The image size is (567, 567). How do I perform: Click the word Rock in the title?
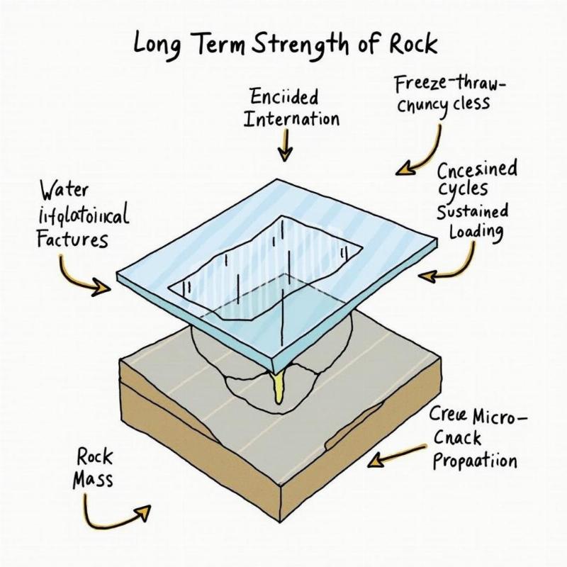click(x=413, y=45)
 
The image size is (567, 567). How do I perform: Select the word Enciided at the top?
click(x=283, y=97)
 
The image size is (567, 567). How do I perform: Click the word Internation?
click(x=291, y=118)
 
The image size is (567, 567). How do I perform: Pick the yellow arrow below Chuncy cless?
click(x=422, y=151)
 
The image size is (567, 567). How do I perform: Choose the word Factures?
click(x=72, y=239)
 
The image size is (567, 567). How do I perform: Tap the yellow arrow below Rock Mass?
click(x=117, y=513)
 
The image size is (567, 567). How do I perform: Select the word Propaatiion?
click(x=474, y=461)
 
